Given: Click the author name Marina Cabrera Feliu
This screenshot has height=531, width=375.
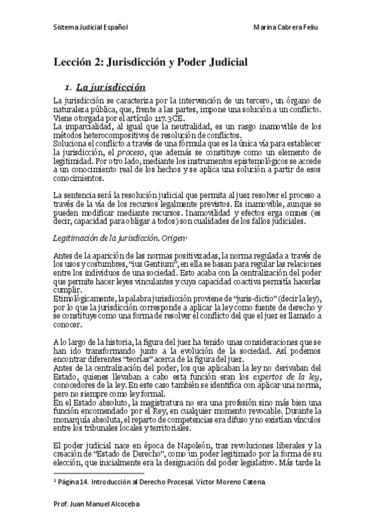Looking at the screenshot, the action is (x=289, y=28).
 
